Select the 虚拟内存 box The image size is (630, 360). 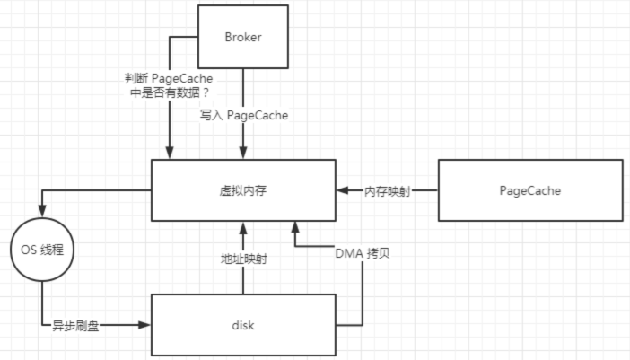point(243,190)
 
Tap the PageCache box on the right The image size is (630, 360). point(529,190)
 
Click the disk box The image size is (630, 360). point(243,324)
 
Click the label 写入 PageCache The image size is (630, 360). point(243,116)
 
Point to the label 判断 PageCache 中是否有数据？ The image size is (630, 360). point(170,85)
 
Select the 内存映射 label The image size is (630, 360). point(387,190)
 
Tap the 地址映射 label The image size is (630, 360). point(243,258)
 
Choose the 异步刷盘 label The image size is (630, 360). point(75,325)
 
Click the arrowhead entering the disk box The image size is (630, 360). point(145,324)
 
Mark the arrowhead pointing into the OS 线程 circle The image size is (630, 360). point(40,213)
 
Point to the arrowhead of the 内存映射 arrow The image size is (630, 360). point(342,190)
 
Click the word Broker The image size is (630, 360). point(243,37)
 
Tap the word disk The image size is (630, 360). point(243,324)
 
